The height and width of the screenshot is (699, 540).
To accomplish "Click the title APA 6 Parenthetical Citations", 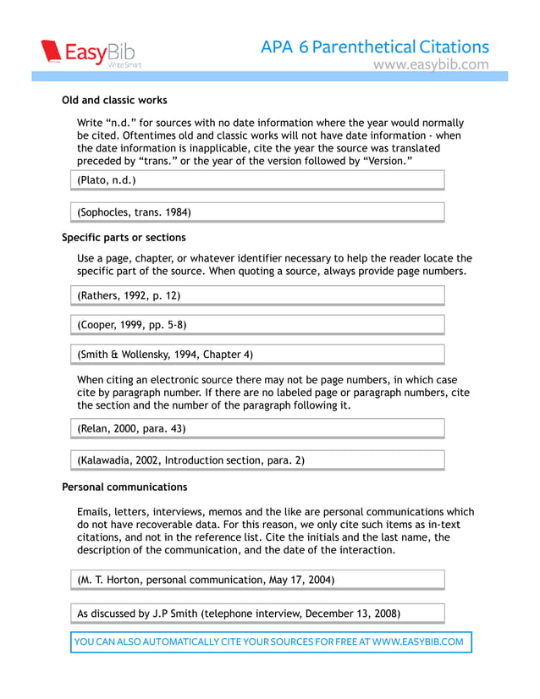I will pyautogui.click(x=375, y=47).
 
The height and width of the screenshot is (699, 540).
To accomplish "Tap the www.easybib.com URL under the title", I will pyautogui.click(x=431, y=64).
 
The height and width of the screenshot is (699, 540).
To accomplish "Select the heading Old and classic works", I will pyautogui.click(x=114, y=100).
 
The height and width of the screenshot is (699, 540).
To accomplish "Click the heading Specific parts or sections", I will pyautogui.click(x=124, y=237).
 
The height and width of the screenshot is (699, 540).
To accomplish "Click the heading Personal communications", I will pyautogui.click(x=124, y=487).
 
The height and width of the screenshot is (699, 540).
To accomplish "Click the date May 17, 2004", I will pyautogui.click(x=303, y=580).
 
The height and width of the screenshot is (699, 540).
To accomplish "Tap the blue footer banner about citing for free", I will pyautogui.click(x=269, y=641).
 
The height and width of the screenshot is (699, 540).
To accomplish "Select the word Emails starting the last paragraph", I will pyautogui.click(x=93, y=512).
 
